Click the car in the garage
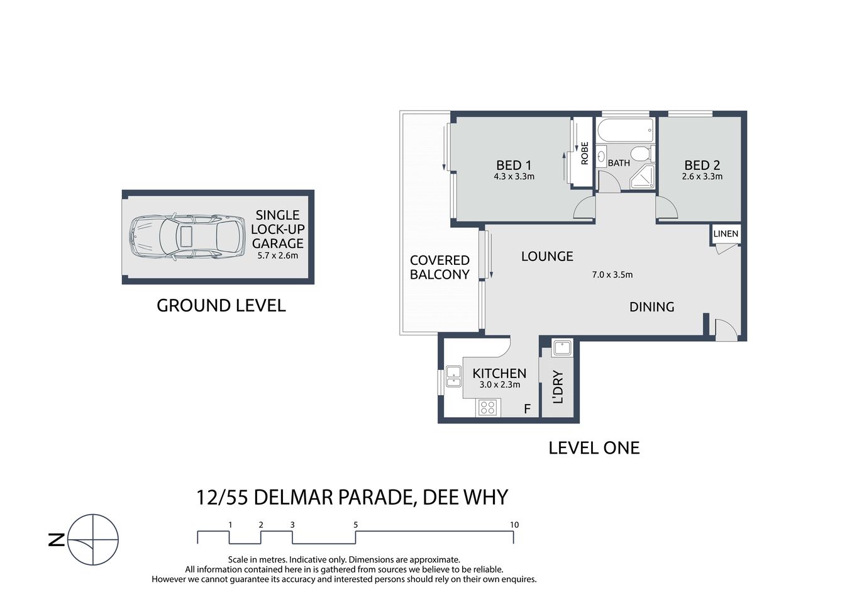[187, 237]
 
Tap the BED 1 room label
[514, 165]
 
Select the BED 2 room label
[702, 165]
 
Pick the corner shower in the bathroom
[641, 179]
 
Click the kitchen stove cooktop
[487, 408]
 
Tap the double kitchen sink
[453, 376]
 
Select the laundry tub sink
[561, 347]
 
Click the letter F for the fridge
[527, 409]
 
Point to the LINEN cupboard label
[726, 233]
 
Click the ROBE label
[585, 154]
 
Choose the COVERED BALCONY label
[440, 267]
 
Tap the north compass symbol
[92, 540]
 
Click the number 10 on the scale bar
[514, 525]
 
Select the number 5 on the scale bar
[356, 525]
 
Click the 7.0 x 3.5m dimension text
[612, 274]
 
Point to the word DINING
[651, 307]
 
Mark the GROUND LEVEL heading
[221, 306]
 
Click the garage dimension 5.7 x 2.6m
[277, 255]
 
